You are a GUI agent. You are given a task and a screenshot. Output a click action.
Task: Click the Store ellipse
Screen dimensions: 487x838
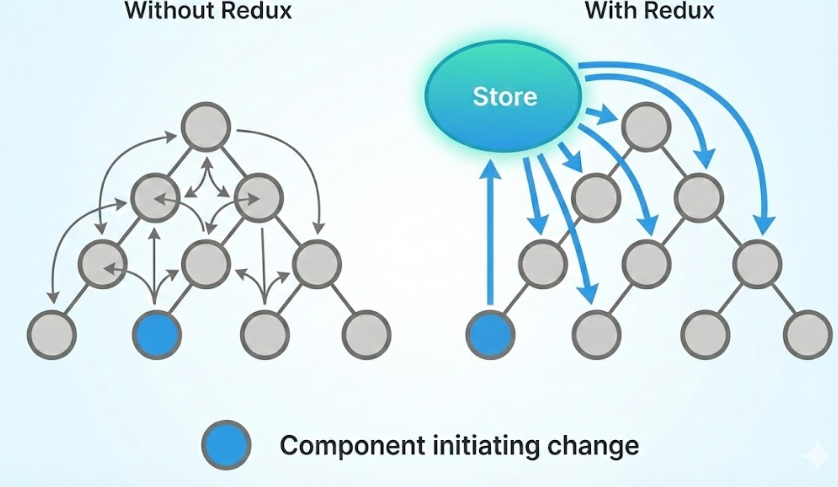coord(504,96)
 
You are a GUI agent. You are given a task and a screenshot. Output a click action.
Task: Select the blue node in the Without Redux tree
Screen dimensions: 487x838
coord(157,335)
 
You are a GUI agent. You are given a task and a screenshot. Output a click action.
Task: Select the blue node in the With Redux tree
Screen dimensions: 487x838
coord(490,335)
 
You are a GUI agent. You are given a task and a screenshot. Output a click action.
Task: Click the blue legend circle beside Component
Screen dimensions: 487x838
coord(226,445)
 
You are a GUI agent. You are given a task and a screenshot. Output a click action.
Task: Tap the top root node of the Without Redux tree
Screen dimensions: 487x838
coord(206,127)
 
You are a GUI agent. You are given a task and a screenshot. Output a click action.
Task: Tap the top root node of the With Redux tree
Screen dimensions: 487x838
coord(646,127)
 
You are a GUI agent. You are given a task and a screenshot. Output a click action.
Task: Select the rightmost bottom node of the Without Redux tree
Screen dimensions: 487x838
coord(366,335)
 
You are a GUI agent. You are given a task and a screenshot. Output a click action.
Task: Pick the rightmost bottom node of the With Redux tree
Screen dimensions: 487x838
coord(807,335)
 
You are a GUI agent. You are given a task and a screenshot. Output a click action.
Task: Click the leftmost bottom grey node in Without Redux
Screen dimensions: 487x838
coord(52,335)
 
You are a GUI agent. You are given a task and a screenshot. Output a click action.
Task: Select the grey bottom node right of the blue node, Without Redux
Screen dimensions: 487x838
coord(264,335)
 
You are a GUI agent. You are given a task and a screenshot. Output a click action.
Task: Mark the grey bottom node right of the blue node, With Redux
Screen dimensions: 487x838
coord(597,335)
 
